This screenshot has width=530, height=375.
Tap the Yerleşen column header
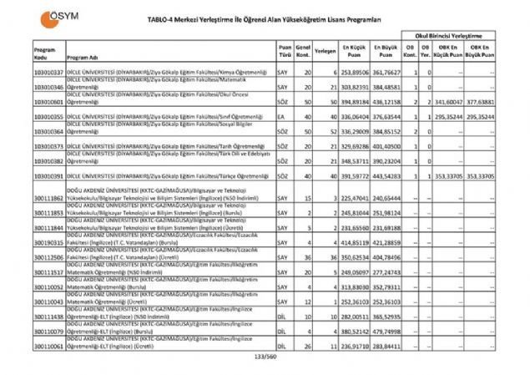326,50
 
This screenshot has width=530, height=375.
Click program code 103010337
25,73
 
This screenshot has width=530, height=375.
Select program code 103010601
25,102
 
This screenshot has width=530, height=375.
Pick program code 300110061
25,345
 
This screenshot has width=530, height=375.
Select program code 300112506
25,257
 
